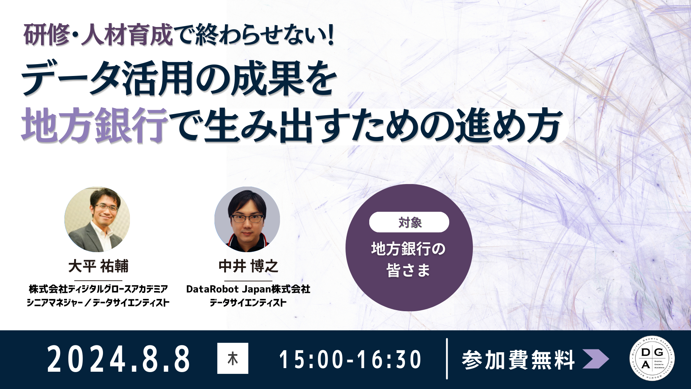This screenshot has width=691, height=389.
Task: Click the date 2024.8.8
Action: pyautogui.click(x=118, y=359)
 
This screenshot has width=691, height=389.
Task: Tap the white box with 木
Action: pyautogui.click(x=233, y=358)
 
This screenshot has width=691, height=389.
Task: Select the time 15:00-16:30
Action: pyautogui.click(x=350, y=359)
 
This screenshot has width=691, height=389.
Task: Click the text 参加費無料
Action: pyautogui.click(x=519, y=360)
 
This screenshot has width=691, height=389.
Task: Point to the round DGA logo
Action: pyautogui.click(x=652, y=358)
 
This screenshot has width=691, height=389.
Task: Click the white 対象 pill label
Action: pyautogui.click(x=409, y=222)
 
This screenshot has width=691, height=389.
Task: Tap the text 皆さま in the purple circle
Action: pyautogui.click(x=408, y=270)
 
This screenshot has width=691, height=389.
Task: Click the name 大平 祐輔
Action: pyautogui.click(x=98, y=266)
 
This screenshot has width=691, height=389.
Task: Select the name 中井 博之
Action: pyautogui.click(x=248, y=266)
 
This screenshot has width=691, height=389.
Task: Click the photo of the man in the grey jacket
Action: pyautogui.click(x=97, y=219)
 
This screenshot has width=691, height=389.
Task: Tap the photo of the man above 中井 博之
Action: pyautogui.click(x=247, y=219)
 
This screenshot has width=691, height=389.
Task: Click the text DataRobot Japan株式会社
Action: pyautogui.click(x=248, y=289)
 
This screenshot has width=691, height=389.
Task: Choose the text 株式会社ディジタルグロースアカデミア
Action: pyautogui.click(x=98, y=289)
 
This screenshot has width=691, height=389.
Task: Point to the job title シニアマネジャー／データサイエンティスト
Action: pyautogui.click(x=98, y=303)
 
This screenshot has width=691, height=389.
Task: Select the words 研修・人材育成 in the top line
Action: pyautogui.click(x=98, y=35)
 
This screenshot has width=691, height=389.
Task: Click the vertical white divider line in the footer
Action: pyautogui.click(x=447, y=359)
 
